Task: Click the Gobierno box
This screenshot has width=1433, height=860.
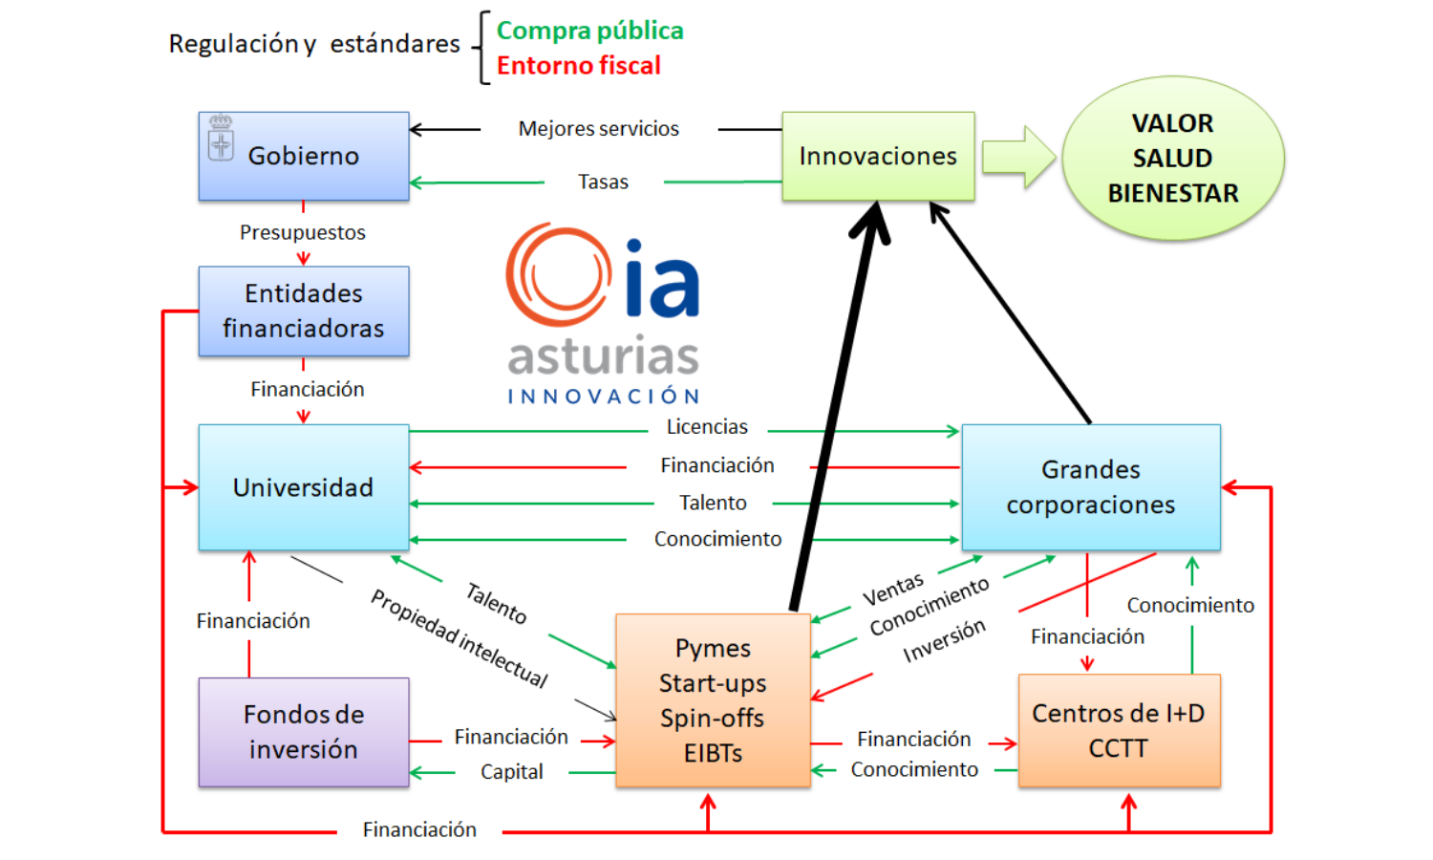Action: [x=304, y=156]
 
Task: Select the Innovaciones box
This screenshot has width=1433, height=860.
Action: [x=878, y=156]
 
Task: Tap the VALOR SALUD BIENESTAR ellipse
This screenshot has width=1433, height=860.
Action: [x=1172, y=159]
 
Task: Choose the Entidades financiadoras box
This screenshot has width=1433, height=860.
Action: [x=304, y=311]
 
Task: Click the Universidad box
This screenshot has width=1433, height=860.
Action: [x=304, y=487]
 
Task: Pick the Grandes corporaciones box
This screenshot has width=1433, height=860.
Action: [x=1090, y=487]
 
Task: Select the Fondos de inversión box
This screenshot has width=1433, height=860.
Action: [x=304, y=732]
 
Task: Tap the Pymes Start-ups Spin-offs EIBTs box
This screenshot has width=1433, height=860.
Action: [x=713, y=700]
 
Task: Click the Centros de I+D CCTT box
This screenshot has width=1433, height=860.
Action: [x=1119, y=730]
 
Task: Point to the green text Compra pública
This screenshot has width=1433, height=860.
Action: [x=589, y=31]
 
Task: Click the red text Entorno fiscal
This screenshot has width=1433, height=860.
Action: [x=578, y=66]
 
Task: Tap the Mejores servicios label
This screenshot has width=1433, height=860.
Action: [x=598, y=129]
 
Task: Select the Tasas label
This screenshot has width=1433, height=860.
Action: [x=603, y=183]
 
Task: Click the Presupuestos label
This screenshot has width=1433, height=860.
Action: [x=302, y=232]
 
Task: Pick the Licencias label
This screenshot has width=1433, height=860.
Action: [x=707, y=427]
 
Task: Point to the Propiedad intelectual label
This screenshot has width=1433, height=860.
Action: [x=459, y=638]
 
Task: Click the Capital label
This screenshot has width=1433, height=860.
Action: [x=511, y=772]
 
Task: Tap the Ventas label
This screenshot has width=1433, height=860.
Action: [x=893, y=590]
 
